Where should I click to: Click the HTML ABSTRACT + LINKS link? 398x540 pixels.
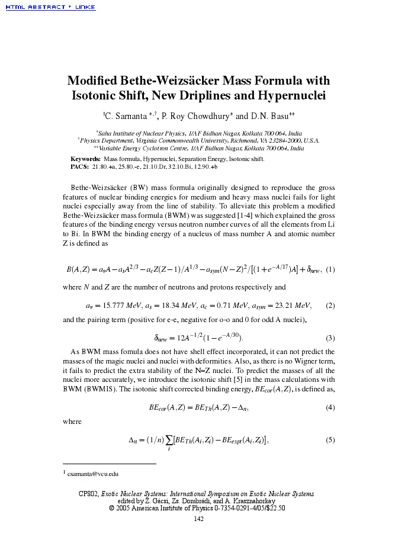[x=50, y=7]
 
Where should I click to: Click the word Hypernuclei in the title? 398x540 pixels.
[x=290, y=95]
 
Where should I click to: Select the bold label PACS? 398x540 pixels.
[x=79, y=167]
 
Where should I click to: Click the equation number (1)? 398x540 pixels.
[x=330, y=269]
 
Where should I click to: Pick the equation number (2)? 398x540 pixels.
[x=330, y=306]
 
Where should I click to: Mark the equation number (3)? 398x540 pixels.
[x=330, y=339]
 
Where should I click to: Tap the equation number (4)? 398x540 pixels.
[x=330, y=408]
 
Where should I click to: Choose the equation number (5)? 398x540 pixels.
[x=330, y=440]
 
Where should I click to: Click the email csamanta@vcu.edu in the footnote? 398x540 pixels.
[x=93, y=474]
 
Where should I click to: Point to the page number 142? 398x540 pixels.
[x=199, y=519]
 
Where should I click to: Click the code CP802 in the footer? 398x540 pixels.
[x=88, y=494]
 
